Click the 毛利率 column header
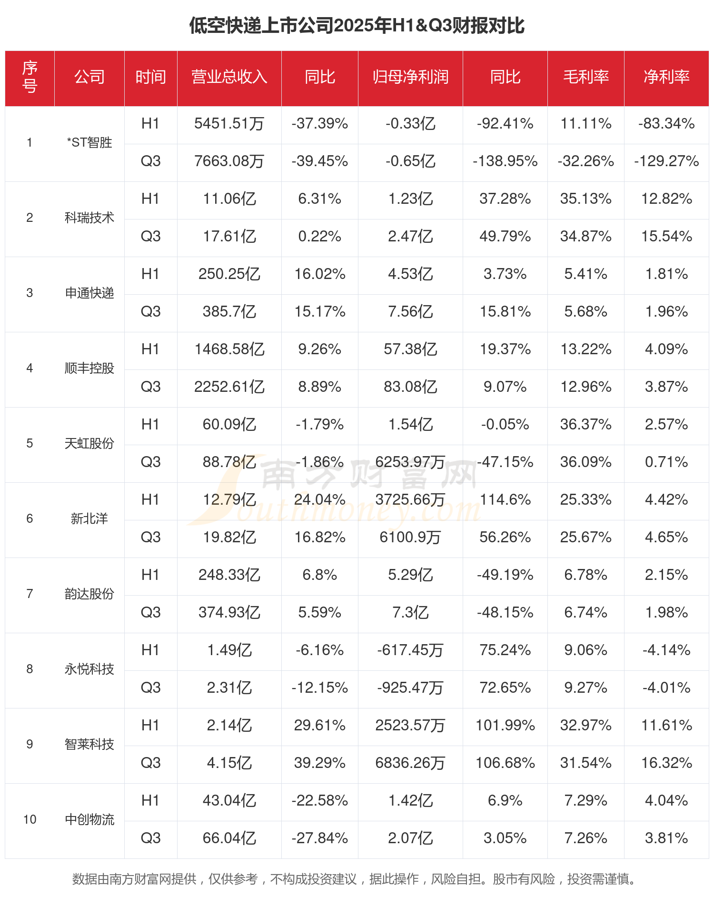pos(585,77)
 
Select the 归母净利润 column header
pos(410,77)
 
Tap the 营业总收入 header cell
pos(229,77)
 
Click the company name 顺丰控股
pos(89,368)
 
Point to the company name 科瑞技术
pos(89,218)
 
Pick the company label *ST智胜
pos(89,142)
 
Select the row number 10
pos(30,819)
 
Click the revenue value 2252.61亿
pos(229,387)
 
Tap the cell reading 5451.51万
pos(229,124)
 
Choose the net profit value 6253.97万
pos(410,462)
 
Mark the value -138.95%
pos(505,161)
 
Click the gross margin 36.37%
pos(585,424)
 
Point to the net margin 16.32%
pos(666,763)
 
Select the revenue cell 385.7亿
pos(229,311)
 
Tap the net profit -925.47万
pos(410,688)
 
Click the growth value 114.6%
pos(505,499)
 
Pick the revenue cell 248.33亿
pos(229,575)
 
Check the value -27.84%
pos(319,838)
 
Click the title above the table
pos(357,26)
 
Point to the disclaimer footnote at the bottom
pos(355,879)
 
